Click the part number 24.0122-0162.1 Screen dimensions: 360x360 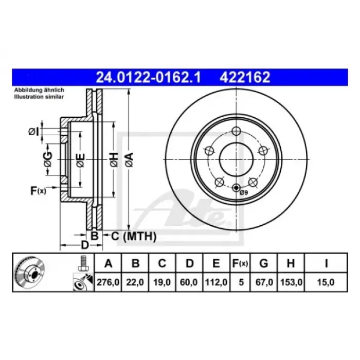(x=148, y=77)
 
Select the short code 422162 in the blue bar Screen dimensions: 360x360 (x=245, y=77)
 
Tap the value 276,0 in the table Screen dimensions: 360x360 (x=108, y=282)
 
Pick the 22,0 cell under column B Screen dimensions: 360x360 (x=135, y=282)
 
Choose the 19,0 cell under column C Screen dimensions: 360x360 (x=162, y=282)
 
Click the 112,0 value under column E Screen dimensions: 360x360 (x=216, y=282)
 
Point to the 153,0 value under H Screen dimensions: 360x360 (x=291, y=282)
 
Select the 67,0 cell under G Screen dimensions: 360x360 (x=264, y=282)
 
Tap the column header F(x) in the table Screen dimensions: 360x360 (x=240, y=263)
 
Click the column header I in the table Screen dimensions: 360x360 (x=326, y=263)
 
